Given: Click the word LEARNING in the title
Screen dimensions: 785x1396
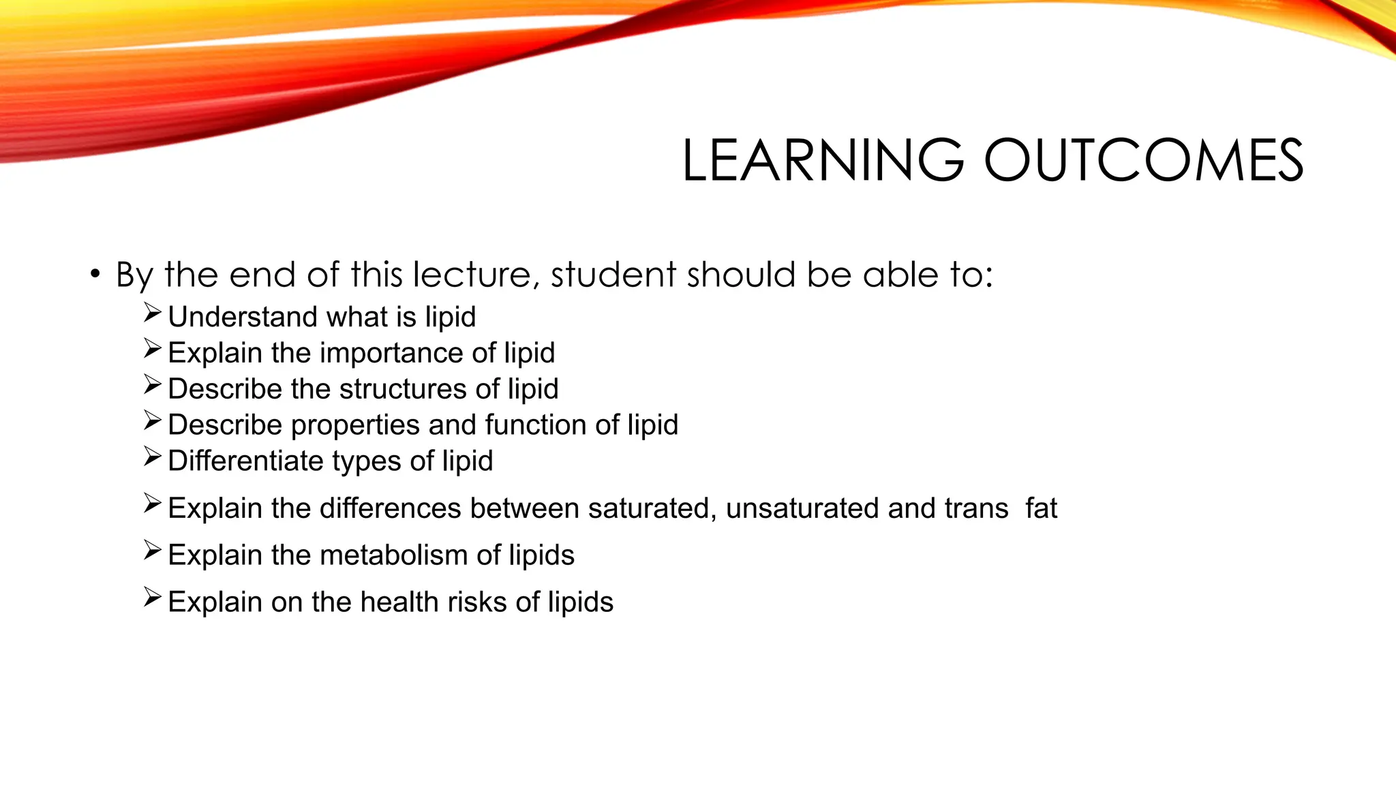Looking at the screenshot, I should tap(823, 161).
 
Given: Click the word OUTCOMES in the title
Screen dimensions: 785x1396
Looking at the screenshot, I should tap(1143, 161).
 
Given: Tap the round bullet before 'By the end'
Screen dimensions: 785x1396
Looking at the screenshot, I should tap(95, 275).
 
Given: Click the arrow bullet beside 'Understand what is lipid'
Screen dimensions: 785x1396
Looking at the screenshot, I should tap(152, 313).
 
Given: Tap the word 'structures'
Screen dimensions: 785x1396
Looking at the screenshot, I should tap(403, 389).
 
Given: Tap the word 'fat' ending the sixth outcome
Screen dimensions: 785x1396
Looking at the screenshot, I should tap(1041, 508).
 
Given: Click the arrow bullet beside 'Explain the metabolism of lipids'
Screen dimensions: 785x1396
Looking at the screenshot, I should tap(152, 550).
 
